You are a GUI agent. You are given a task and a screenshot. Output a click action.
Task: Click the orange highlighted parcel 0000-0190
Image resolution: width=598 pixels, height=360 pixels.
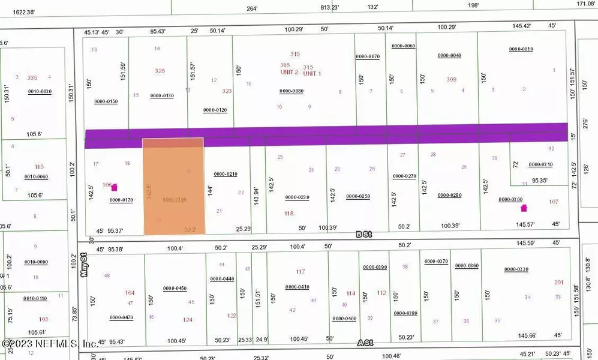[173, 186]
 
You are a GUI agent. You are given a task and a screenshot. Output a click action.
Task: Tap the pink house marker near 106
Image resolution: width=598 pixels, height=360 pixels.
[114, 188]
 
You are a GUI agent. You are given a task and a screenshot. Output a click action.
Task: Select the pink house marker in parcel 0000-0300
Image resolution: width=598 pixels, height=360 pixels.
[524, 208]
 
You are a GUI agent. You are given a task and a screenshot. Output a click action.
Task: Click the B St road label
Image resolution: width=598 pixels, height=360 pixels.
[364, 235]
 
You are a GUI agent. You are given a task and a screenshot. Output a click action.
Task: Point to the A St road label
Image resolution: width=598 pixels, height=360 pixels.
[365, 343]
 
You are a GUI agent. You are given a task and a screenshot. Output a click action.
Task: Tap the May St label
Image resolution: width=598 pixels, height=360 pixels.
[83, 264]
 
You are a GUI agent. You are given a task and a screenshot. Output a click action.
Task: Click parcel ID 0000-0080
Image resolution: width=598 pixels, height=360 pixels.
[292, 91]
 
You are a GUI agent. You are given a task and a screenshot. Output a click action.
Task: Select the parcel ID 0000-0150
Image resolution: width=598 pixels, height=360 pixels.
[106, 101]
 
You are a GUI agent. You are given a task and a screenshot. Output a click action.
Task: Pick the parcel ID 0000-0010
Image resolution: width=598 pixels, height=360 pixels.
[521, 49]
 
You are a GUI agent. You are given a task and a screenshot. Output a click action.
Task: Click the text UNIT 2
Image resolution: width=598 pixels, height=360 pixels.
[289, 72]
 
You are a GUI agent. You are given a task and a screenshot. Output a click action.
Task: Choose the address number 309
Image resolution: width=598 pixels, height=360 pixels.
[451, 79]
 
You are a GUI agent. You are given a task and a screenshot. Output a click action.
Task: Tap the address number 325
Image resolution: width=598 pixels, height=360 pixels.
[160, 71]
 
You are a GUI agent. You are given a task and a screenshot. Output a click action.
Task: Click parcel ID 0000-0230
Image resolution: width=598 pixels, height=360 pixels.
[297, 197]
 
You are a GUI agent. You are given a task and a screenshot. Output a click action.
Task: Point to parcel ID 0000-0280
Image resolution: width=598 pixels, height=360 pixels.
[449, 195]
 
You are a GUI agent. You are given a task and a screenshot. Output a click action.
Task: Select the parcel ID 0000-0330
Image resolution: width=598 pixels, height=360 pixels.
[516, 269]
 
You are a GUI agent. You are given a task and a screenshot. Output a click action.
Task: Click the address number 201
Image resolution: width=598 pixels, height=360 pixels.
[558, 282]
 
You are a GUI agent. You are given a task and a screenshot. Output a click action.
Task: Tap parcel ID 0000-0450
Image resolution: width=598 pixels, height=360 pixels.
[175, 288]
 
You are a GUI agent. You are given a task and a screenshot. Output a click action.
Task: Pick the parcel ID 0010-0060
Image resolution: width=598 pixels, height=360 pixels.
[36, 177]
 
